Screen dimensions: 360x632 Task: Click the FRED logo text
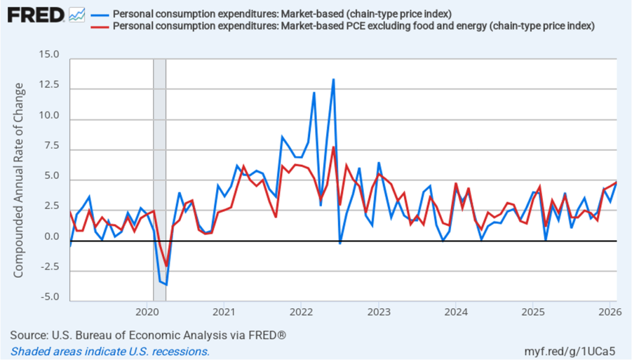[x=36, y=14]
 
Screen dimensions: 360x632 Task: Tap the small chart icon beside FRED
[x=77, y=14]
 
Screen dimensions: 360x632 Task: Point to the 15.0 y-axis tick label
[x=48, y=55]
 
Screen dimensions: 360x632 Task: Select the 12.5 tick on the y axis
[x=48, y=85]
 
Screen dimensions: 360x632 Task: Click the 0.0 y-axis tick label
[x=51, y=237]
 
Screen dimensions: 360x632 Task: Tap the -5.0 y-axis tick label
[x=48, y=297]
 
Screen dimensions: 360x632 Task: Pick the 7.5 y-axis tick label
[x=51, y=146]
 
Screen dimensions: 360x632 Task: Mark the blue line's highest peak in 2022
[x=334, y=80]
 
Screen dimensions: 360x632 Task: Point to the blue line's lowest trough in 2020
[x=166, y=285]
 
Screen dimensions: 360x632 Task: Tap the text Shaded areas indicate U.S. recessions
[x=110, y=351]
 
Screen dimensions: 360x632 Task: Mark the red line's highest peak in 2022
[x=334, y=147]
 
